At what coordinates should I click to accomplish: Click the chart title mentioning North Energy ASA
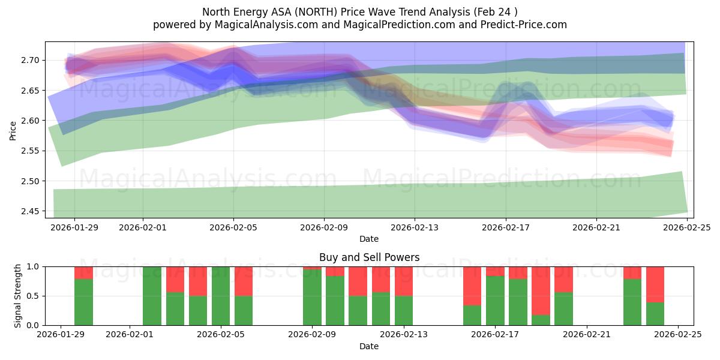pos(359,12)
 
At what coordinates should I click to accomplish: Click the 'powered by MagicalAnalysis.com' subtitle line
pos(359,25)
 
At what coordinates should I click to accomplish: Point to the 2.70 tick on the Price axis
pos(31,60)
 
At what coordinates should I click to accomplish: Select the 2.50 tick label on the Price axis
pos(31,181)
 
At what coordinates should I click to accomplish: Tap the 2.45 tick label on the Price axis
pos(31,211)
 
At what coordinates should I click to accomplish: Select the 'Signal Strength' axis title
pos(18,296)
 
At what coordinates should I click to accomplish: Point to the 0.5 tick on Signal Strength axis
pos(34,296)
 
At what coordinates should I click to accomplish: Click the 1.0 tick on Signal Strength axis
pos(34,266)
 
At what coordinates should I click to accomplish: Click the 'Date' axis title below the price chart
pos(369,239)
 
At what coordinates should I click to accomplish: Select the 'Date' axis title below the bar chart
pos(369,346)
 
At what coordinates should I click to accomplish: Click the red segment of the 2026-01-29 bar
pos(84,273)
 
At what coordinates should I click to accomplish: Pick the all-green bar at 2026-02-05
pos(221,296)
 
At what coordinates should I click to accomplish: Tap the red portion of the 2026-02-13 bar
pos(404,281)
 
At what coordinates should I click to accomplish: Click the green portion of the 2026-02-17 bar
pos(495,301)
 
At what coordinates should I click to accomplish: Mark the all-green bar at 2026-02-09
pos(312,296)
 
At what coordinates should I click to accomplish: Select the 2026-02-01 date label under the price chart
pos(143,228)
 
